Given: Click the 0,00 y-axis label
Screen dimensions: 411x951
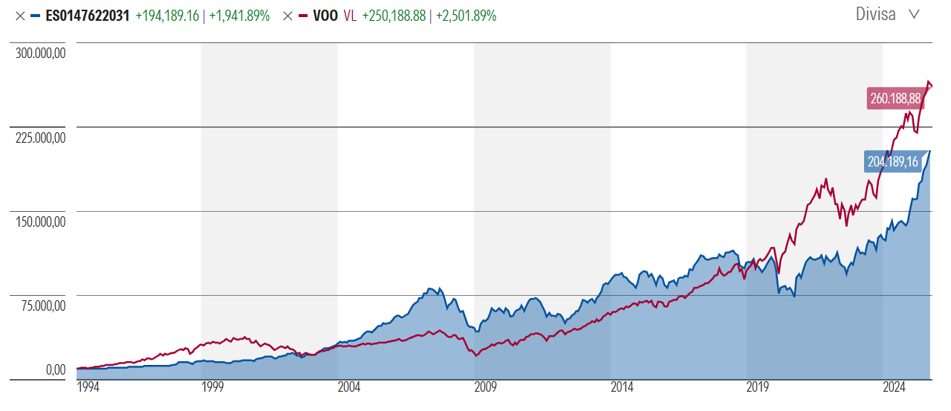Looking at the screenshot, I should (x=56, y=369).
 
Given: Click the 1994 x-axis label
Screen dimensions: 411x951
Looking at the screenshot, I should (x=88, y=387).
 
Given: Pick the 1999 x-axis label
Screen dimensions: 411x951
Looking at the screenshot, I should (x=212, y=387).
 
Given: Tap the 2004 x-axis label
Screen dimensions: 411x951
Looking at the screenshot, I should (x=348, y=387).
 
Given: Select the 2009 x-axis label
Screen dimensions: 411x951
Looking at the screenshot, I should (x=485, y=387).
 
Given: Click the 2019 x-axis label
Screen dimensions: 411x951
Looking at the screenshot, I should (x=758, y=387).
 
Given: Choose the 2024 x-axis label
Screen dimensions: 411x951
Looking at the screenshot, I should (x=895, y=387).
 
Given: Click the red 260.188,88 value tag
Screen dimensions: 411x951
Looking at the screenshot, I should (x=895, y=98).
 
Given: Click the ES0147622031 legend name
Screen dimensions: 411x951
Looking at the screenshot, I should (x=87, y=16).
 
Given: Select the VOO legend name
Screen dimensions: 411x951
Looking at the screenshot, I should (x=325, y=16).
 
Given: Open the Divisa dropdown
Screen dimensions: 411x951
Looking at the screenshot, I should (x=886, y=14).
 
